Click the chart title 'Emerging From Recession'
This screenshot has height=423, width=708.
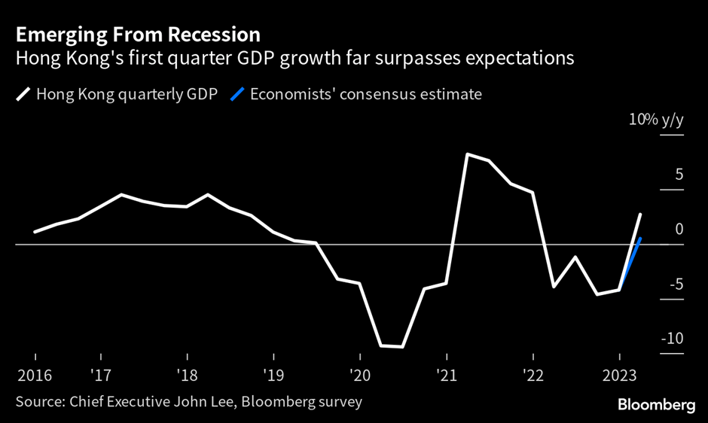click(x=137, y=34)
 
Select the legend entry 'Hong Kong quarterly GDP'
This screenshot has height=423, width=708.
click(x=125, y=95)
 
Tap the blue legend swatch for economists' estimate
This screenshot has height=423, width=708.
click(x=237, y=95)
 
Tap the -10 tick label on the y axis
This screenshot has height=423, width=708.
click(x=672, y=339)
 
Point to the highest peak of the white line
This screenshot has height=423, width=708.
click(x=468, y=154)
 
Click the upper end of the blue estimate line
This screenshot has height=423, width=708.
click(x=640, y=239)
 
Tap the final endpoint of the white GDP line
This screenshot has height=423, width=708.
click(x=640, y=215)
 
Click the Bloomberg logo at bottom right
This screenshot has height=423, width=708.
click(x=656, y=406)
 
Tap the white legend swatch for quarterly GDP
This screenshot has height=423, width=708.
click(x=23, y=95)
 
